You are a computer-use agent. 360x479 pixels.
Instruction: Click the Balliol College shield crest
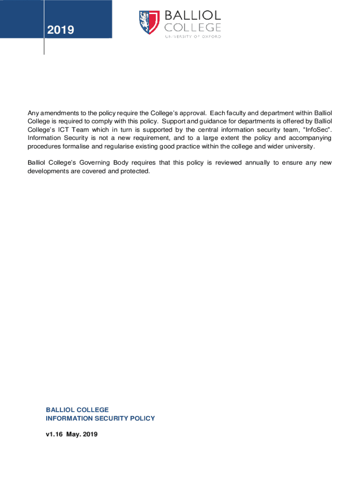point(149,22)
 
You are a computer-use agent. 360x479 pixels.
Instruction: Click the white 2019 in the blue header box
point(60,30)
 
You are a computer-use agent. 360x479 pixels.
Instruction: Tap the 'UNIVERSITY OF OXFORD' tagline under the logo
point(193,36)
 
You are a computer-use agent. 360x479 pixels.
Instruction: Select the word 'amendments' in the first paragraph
point(56,113)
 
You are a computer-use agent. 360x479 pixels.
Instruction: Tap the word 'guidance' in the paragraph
point(212,122)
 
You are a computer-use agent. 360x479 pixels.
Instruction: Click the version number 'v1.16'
point(54,435)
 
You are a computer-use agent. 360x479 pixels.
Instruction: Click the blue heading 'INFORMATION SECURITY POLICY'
point(100,419)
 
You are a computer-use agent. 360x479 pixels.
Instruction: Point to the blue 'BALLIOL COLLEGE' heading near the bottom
point(77,410)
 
